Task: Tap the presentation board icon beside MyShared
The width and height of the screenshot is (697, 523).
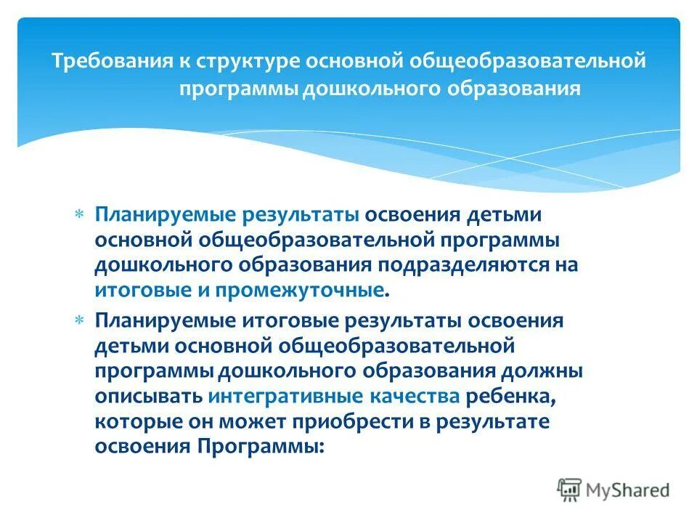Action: (x=570, y=490)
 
